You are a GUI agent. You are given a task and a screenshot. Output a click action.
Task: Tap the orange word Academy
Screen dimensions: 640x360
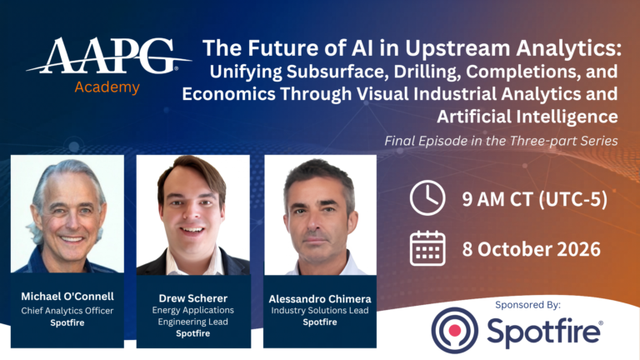click(107, 87)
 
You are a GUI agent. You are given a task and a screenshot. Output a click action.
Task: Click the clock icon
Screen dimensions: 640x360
click(427, 198)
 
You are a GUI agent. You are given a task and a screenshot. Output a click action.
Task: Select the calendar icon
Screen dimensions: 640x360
click(427, 248)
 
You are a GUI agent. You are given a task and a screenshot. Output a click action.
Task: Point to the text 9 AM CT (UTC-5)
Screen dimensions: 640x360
click(535, 200)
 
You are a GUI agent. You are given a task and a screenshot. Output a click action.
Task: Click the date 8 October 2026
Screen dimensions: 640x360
click(531, 249)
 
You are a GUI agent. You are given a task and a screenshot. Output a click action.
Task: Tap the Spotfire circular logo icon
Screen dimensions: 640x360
click(455, 330)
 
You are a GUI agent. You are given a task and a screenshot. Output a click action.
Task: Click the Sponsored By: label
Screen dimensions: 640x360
click(527, 304)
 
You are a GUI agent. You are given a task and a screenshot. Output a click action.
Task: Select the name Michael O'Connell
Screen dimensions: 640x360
click(67, 297)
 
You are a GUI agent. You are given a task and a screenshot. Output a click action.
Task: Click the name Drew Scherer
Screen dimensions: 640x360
click(193, 298)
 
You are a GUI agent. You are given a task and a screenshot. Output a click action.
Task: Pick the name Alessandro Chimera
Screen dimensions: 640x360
click(320, 299)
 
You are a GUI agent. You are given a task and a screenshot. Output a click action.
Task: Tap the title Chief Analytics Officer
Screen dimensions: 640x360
click(67, 311)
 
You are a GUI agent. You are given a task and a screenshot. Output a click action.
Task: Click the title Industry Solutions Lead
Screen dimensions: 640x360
click(320, 310)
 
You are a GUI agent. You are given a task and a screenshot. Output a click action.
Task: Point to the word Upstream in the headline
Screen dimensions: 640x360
click(457, 48)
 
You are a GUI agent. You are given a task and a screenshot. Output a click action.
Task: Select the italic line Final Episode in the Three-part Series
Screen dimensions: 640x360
click(501, 141)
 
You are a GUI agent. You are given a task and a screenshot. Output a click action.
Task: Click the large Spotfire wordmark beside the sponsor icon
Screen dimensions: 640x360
click(545, 331)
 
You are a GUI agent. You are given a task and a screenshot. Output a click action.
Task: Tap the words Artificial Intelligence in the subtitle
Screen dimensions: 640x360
click(527, 117)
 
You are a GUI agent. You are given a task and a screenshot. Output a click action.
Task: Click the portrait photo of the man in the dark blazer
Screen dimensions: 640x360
click(193, 215)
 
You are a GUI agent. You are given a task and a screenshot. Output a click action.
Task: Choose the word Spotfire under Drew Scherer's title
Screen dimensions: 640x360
click(193, 333)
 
